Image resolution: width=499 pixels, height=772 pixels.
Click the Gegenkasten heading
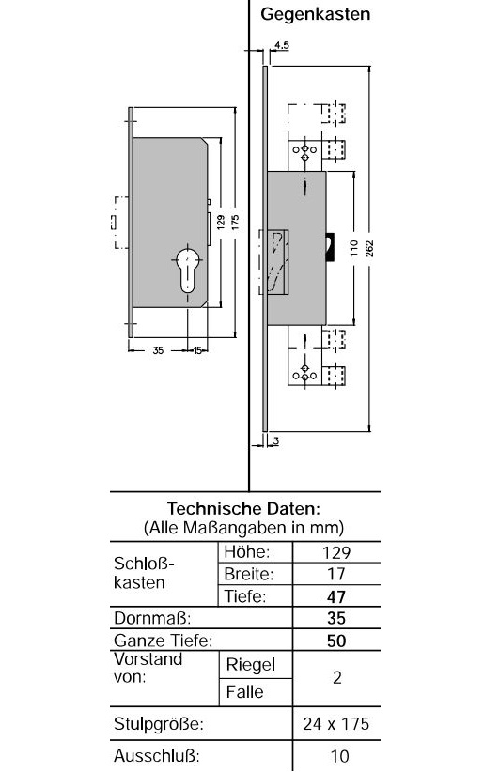click(315, 14)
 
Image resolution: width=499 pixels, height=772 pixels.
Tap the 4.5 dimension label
click(282, 45)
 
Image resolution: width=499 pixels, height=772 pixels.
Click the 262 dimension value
click(369, 248)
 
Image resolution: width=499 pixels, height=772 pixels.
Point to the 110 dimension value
click(353, 248)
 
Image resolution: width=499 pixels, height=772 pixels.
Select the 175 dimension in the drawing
click(235, 223)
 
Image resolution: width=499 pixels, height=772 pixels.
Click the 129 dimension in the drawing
click(221, 223)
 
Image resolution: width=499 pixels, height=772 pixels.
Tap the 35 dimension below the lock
click(158, 350)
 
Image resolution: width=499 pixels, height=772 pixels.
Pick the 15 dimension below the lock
click(197, 350)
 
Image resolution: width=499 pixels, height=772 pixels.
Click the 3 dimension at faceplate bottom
click(276, 441)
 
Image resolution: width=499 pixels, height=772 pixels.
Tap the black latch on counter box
click(331, 247)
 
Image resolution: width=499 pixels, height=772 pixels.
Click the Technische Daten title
click(243, 508)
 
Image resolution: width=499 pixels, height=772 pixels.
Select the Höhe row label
click(247, 552)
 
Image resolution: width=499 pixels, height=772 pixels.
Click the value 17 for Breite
click(336, 574)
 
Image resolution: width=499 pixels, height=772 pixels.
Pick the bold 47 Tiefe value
click(336, 596)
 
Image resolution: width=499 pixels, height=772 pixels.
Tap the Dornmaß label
click(152, 618)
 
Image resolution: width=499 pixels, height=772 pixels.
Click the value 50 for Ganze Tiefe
click(336, 641)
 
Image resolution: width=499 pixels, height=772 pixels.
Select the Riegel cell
click(250, 665)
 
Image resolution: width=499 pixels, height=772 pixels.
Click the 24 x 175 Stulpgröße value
click(335, 724)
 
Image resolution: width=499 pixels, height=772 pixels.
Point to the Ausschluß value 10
click(339, 756)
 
